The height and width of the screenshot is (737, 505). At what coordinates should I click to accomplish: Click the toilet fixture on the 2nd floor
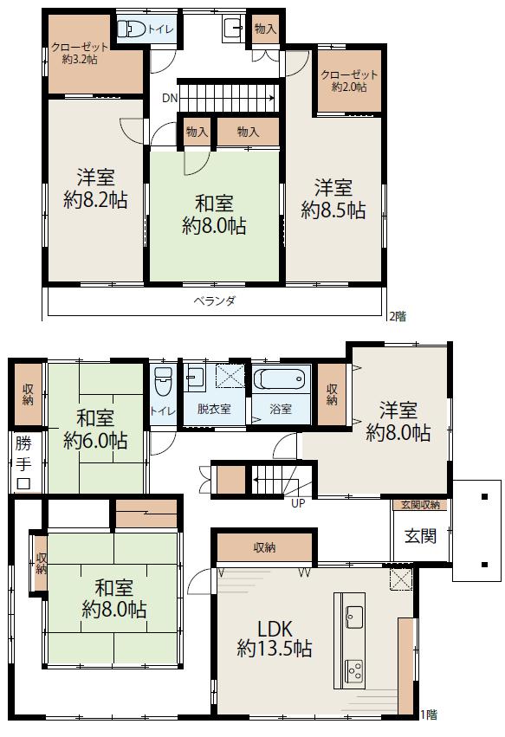click(x=131, y=29)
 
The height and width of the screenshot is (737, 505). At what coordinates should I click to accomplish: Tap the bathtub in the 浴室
click(x=280, y=378)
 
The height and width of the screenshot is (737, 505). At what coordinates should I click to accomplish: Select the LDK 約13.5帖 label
click(x=274, y=638)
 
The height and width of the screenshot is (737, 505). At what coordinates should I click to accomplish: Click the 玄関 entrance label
click(x=420, y=535)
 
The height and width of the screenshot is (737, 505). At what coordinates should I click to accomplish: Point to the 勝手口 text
click(x=23, y=462)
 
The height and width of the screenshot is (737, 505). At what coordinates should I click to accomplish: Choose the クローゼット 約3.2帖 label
click(x=80, y=53)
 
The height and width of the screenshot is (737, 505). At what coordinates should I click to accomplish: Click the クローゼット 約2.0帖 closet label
click(x=349, y=81)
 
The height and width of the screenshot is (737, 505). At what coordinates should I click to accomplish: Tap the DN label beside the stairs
click(x=170, y=98)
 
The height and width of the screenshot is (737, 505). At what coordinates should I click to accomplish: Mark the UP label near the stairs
click(x=298, y=503)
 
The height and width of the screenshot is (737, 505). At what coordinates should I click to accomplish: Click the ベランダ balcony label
click(x=215, y=301)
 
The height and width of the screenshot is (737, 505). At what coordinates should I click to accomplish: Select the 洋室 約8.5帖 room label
click(x=333, y=199)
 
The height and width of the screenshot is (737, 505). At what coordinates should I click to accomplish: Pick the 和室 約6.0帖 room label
click(x=95, y=430)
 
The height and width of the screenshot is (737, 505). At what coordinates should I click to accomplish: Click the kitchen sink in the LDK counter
click(x=353, y=617)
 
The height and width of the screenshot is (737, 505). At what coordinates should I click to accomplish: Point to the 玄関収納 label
click(x=420, y=505)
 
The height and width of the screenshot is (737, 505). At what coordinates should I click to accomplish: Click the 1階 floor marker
click(x=429, y=714)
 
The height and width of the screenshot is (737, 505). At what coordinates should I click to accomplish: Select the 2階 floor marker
click(x=398, y=316)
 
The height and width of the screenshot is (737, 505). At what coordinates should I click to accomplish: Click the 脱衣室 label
click(x=214, y=409)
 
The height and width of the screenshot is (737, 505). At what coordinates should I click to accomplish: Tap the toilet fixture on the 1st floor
click(x=163, y=382)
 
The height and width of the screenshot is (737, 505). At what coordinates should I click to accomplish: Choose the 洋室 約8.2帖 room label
click(x=95, y=189)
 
